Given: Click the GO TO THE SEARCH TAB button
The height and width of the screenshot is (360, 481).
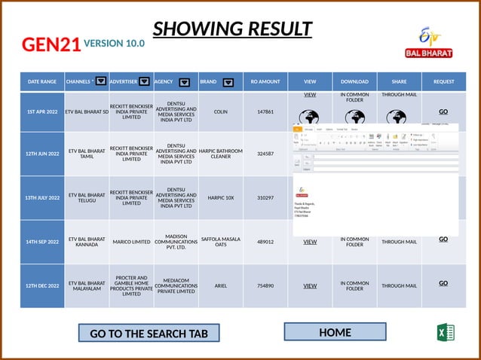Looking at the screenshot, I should [149, 333].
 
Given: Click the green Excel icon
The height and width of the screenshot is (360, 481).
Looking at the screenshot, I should [445, 332].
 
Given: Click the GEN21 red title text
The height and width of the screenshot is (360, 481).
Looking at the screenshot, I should [51, 44].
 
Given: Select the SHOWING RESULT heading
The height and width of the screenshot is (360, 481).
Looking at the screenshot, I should [232, 29].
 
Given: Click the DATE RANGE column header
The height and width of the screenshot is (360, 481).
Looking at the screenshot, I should [42, 81].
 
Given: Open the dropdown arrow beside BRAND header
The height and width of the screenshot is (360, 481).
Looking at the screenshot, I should [228, 82].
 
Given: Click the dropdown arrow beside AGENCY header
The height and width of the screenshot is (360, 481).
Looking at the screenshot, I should [184, 82].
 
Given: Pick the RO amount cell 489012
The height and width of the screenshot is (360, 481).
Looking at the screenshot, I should [265, 242].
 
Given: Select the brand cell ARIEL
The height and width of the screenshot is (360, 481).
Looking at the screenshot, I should [221, 286].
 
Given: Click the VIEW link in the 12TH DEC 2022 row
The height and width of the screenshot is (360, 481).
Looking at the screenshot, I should [310, 286].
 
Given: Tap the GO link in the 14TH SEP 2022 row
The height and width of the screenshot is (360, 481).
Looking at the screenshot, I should [443, 239].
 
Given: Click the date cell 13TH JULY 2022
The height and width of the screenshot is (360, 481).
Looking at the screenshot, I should [42, 198].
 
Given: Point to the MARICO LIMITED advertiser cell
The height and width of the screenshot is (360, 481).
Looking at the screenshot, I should [132, 242].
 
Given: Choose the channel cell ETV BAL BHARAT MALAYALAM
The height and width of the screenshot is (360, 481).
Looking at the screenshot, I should [87, 286].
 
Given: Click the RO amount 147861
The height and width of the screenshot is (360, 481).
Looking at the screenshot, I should [265, 111].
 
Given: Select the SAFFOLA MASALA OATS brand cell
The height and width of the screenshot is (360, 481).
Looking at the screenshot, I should [221, 242].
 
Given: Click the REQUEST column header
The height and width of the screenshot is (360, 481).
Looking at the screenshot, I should [443, 81].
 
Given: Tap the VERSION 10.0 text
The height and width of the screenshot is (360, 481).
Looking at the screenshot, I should [115, 44].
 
